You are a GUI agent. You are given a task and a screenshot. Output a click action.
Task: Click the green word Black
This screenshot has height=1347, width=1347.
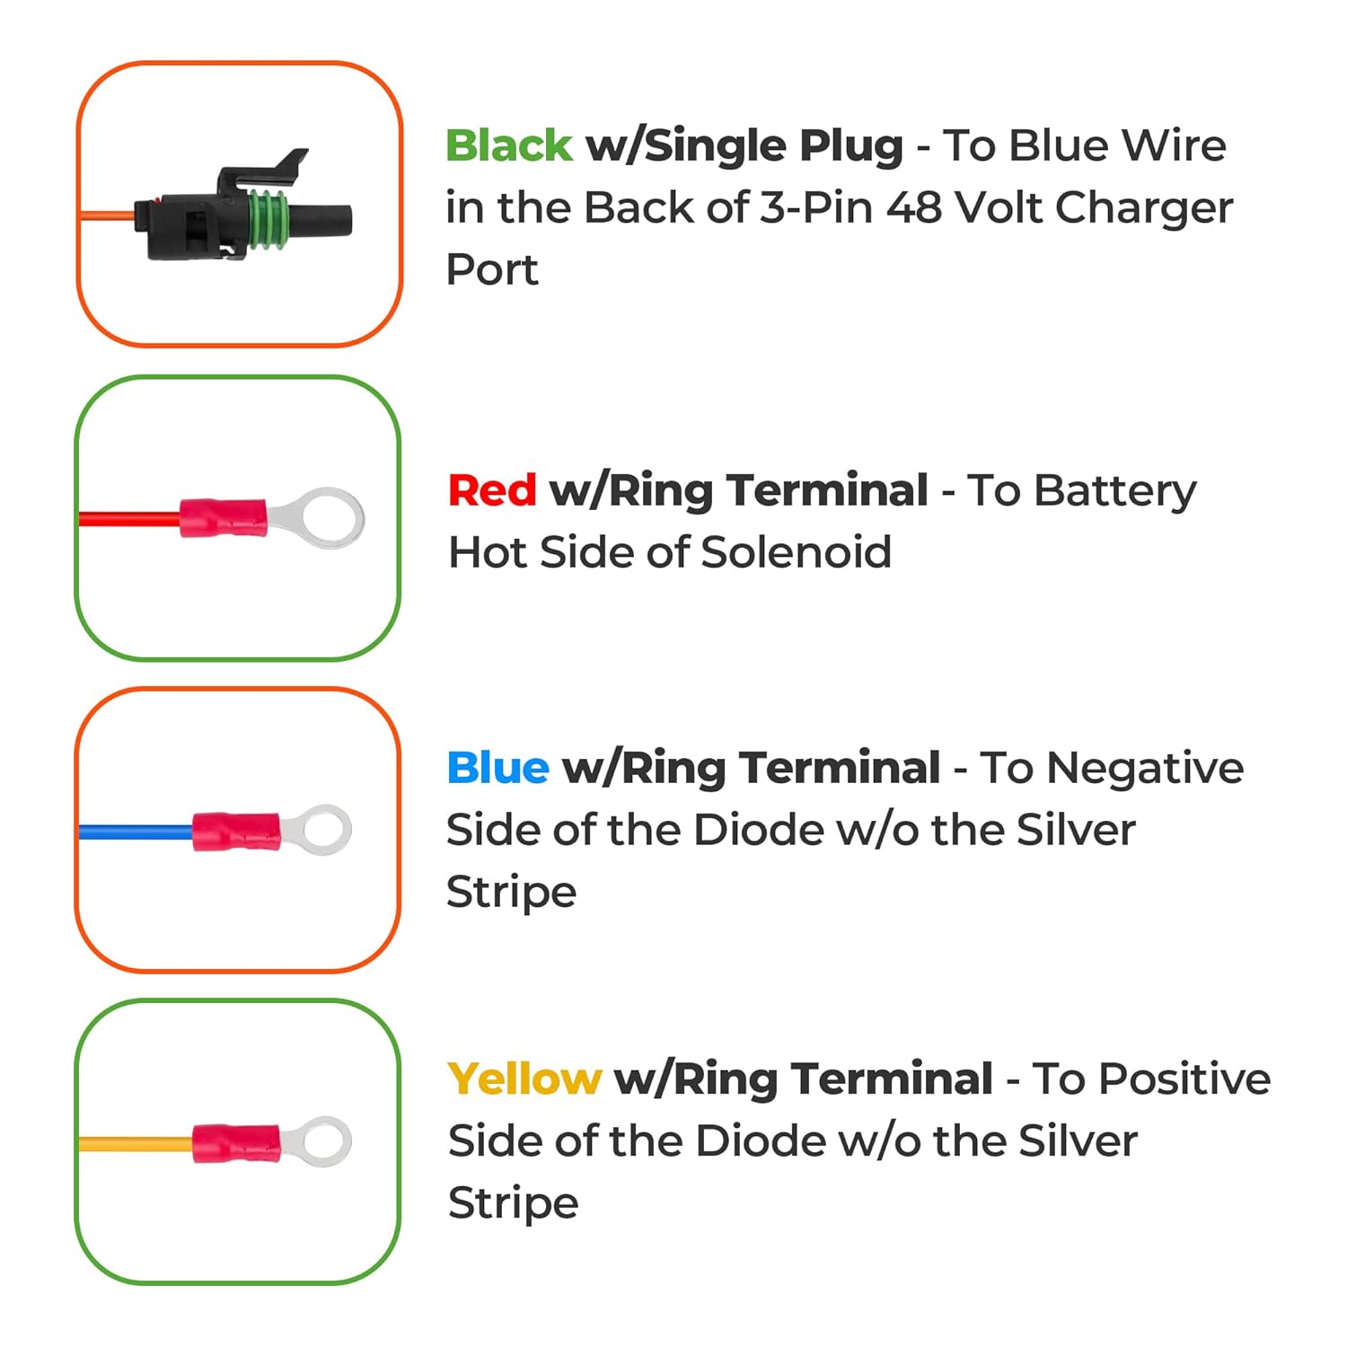[508, 145]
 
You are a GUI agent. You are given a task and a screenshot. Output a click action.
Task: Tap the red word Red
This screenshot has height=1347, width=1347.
[492, 490]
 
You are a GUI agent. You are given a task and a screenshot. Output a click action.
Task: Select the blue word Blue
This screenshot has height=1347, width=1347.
[497, 768]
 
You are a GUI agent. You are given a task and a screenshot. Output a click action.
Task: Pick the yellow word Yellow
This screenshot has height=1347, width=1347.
[524, 1078]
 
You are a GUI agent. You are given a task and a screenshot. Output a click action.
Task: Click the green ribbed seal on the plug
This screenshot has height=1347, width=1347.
[269, 219]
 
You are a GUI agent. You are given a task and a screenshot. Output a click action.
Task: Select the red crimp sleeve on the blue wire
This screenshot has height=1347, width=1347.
[236, 831]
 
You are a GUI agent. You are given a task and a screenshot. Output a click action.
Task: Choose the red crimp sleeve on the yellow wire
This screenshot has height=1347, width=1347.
[236, 1143]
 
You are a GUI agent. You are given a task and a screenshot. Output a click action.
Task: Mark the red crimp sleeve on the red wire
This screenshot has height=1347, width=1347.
[224, 518]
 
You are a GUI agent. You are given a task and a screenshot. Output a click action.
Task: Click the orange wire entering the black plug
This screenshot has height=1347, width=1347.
[107, 216]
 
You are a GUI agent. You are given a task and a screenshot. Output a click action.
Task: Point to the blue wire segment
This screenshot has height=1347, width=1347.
[136, 832]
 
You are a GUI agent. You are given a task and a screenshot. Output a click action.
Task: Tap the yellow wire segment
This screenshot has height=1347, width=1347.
[136, 1144]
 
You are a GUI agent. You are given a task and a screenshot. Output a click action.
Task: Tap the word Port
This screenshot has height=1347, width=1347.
[492, 269]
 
